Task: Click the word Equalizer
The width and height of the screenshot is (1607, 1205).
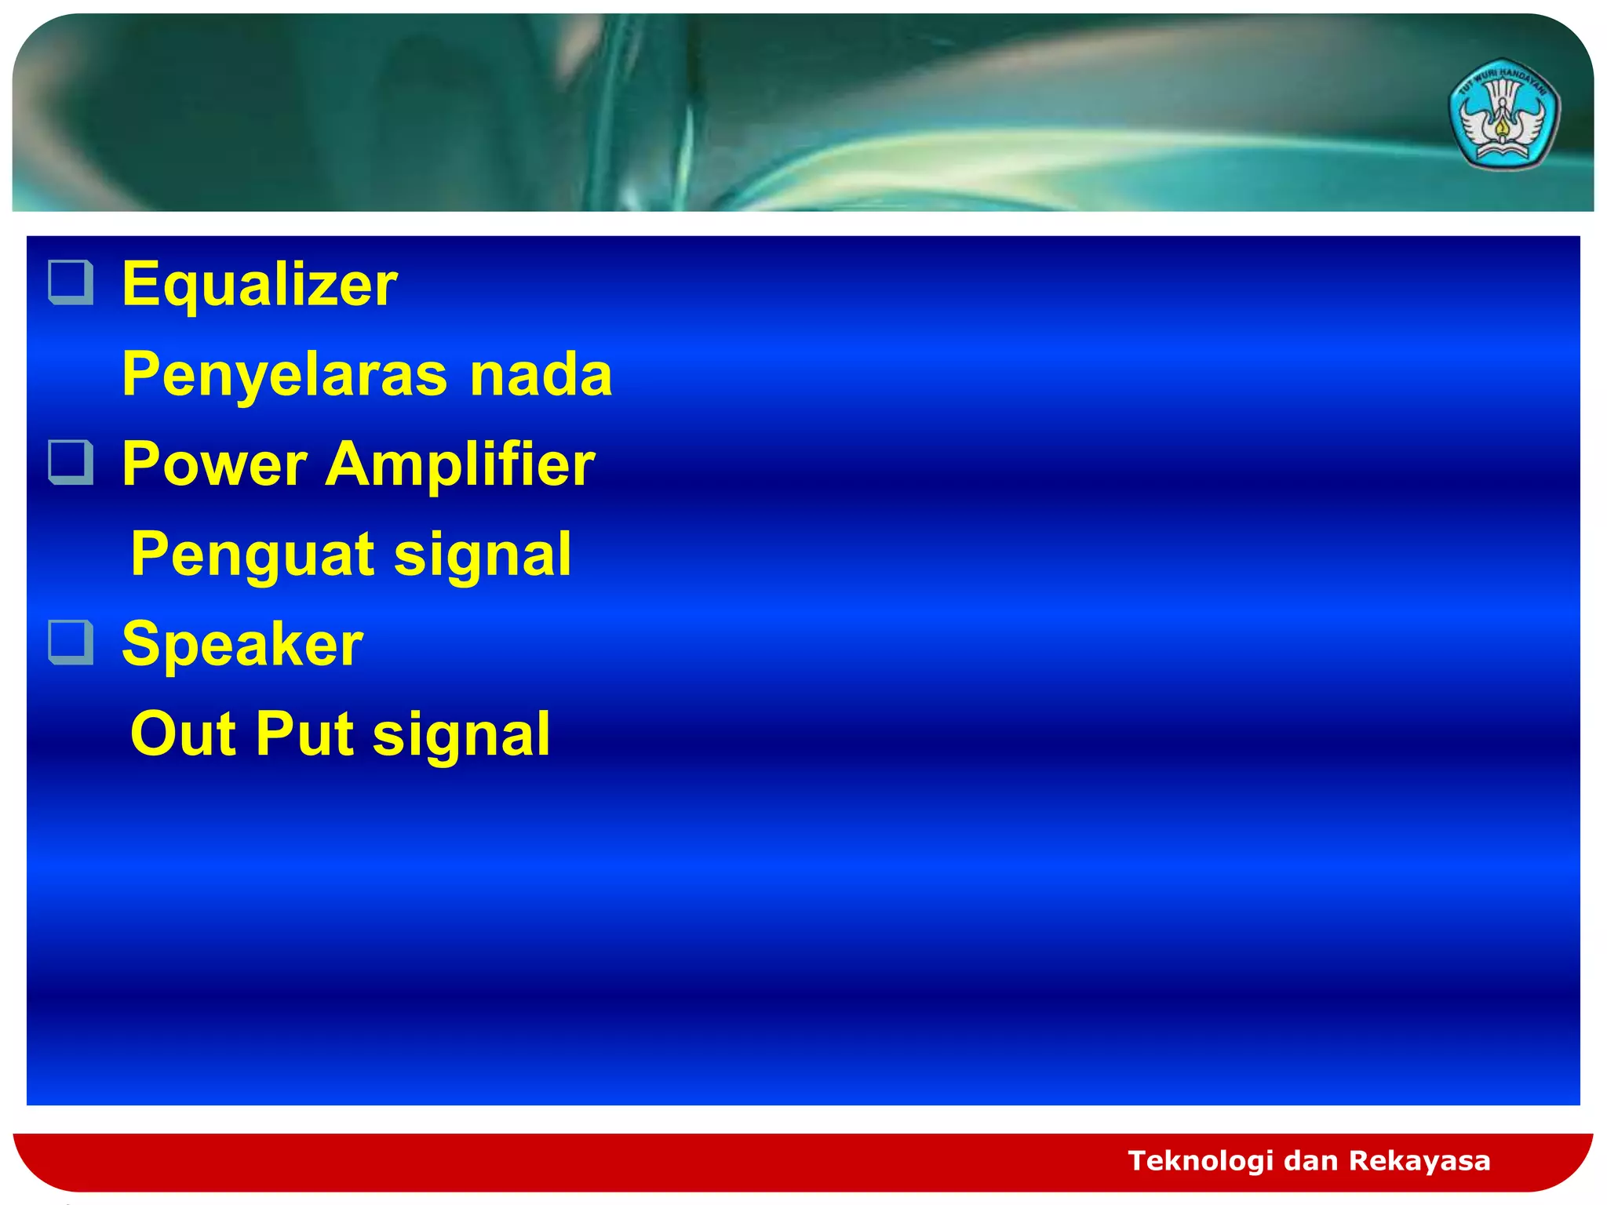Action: [259, 284]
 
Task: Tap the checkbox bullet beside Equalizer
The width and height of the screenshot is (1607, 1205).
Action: [71, 282]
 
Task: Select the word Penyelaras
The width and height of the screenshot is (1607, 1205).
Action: [285, 375]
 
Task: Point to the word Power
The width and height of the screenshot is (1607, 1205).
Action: [214, 464]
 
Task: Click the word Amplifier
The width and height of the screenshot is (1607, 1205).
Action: [460, 464]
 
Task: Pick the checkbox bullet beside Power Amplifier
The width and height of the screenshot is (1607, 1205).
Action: [71, 462]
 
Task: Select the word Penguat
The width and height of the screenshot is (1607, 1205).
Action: [252, 555]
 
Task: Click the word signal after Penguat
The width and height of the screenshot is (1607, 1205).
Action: [482, 555]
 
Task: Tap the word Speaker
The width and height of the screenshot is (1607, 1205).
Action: [242, 644]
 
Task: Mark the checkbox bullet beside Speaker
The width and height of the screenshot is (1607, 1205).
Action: [71, 642]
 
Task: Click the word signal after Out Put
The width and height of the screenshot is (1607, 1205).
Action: [461, 734]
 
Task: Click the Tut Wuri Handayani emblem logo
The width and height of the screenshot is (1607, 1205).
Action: [1503, 115]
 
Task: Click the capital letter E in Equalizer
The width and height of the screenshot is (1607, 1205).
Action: [140, 284]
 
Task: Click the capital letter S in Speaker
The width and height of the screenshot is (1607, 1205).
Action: [140, 644]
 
